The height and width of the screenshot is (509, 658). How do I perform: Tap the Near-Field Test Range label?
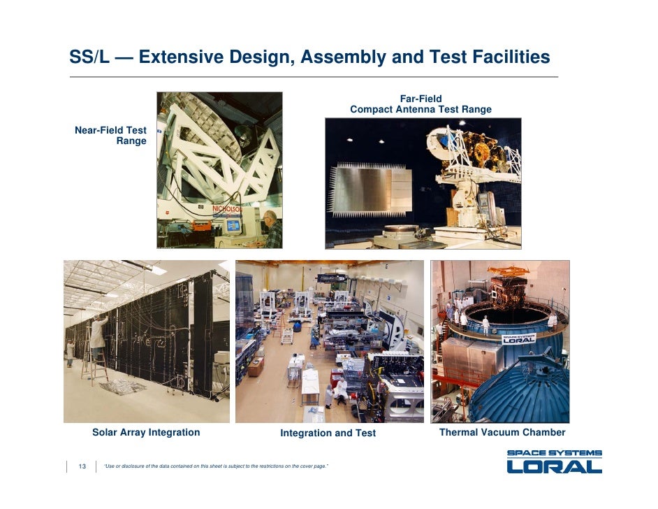111,136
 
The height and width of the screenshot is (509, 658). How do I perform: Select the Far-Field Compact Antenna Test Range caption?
421,104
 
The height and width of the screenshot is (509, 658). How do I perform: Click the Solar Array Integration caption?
146,432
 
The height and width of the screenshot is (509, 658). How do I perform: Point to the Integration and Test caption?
328,433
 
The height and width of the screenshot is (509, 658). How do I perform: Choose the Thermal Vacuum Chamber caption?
502,432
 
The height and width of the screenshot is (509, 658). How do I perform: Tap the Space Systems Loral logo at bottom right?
554,461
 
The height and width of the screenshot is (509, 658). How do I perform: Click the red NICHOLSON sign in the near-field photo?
228,208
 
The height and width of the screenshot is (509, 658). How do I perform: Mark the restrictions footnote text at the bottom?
215,466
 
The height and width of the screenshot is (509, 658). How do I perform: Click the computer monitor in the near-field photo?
231,225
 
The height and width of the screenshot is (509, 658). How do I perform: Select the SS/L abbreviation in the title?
90,57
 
